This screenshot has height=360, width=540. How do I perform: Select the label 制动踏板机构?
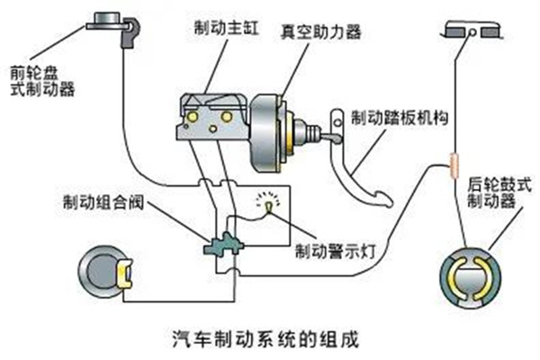[x=399, y=118]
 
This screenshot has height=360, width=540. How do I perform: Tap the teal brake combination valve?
[x=220, y=246]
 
